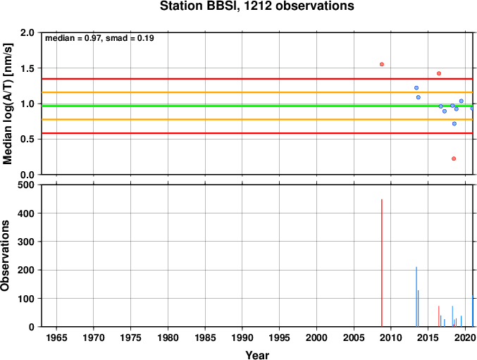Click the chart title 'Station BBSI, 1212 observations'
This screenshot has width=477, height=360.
(x=257, y=6)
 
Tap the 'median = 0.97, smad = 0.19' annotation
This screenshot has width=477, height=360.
(x=99, y=38)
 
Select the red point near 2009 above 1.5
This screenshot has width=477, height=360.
(x=382, y=64)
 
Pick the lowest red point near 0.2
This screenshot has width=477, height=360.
(x=454, y=159)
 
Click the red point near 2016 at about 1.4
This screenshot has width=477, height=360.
(x=439, y=73)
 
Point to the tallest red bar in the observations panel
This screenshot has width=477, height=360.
(x=382, y=263)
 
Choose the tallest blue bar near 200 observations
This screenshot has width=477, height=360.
(x=416, y=297)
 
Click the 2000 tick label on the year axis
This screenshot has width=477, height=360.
(x=316, y=337)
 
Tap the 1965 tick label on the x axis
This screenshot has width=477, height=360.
(x=56, y=337)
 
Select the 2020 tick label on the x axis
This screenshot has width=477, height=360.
(x=466, y=337)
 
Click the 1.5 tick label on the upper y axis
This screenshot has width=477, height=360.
(x=27, y=68)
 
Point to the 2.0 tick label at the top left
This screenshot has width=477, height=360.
(x=27, y=32)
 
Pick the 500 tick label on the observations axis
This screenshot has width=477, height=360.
(x=26, y=185)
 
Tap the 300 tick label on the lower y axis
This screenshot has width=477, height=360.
(x=26, y=242)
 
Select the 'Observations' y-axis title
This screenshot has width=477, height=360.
(x=5, y=256)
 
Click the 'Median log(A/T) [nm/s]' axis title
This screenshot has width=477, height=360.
(x=8, y=104)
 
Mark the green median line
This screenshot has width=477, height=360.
(x=257, y=106)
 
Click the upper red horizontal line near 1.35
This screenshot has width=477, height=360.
(x=257, y=79)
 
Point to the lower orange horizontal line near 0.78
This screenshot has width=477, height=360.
(x=257, y=120)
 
